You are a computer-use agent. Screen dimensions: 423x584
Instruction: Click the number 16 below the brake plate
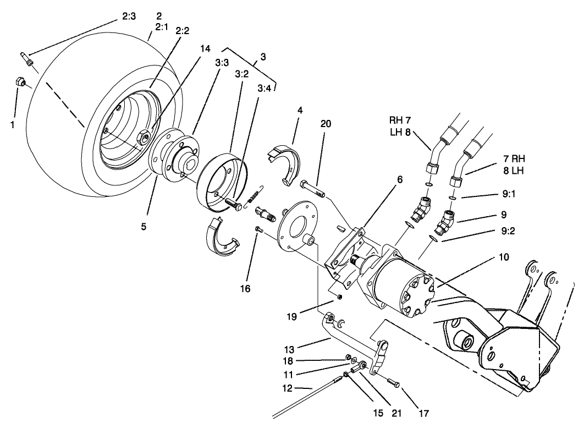(245, 288)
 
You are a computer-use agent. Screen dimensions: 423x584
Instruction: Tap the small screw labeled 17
(392, 381)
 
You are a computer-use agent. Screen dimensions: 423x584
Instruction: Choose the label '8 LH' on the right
(513, 171)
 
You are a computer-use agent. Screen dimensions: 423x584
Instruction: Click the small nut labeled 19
(340, 298)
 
